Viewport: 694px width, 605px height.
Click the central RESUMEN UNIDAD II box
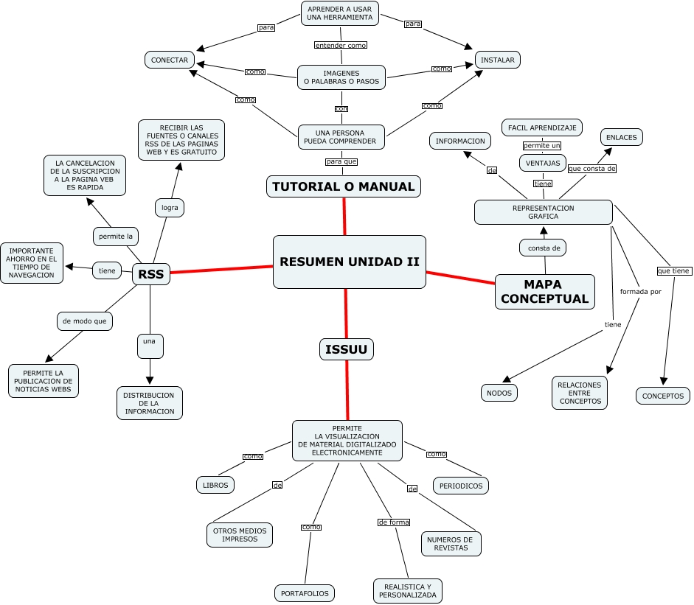pos(349,262)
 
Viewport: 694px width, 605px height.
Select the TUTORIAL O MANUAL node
pos(344,186)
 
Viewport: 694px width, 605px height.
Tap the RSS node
pos(151,275)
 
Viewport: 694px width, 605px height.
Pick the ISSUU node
pos(346,349)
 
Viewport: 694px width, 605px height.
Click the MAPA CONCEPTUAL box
pos(545,291)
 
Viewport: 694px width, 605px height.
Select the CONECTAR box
pos(170,60)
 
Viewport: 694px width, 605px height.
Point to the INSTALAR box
pos(497,60)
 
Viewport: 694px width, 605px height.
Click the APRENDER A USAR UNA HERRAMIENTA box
pos(340,13)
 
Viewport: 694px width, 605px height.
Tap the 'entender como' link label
pos(340,45)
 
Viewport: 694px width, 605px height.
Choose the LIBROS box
pos(215,484)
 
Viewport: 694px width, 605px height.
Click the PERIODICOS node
pos(461,486)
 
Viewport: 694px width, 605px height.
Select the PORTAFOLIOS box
pos(305,592)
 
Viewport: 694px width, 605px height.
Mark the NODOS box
pos(499,393)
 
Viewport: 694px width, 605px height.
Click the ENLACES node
pos(622,137)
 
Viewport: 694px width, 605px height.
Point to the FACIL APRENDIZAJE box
pos(542,127)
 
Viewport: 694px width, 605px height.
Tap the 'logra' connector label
pos(170,208)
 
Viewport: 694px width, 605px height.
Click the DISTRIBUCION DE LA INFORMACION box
pos(149,403)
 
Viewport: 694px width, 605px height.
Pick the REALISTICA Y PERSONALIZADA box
pos(408,590)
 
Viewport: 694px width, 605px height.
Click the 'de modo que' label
pos(85,321)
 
